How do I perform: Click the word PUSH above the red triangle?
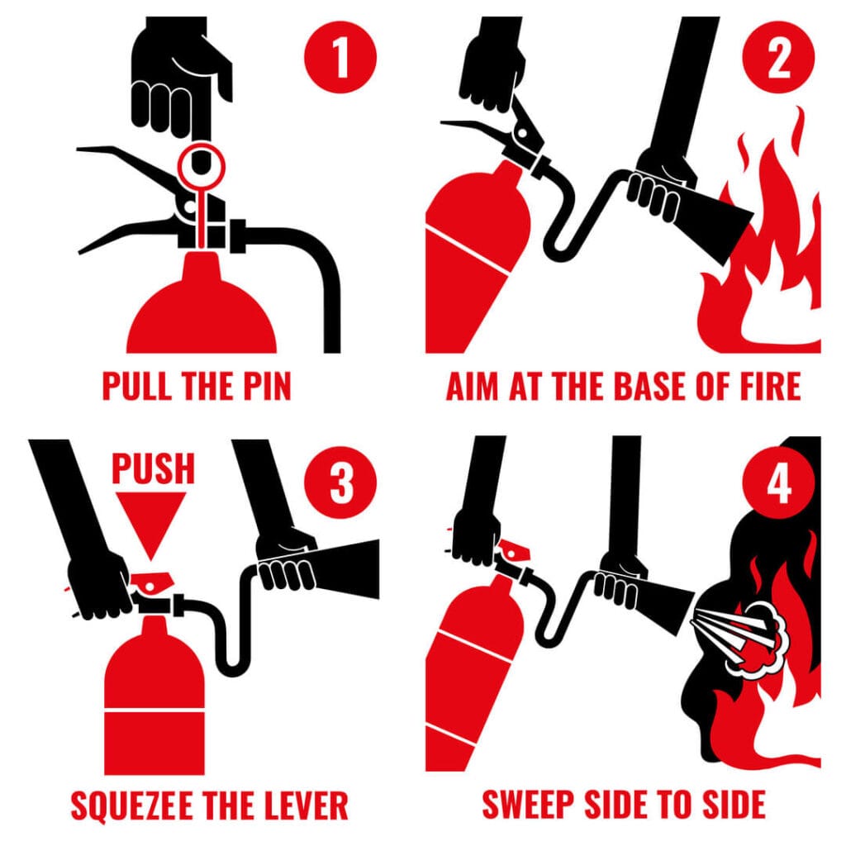pyautogui.click(x=154, y=468)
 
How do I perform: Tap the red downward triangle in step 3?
pyautogui.click(x=149, y=520)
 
